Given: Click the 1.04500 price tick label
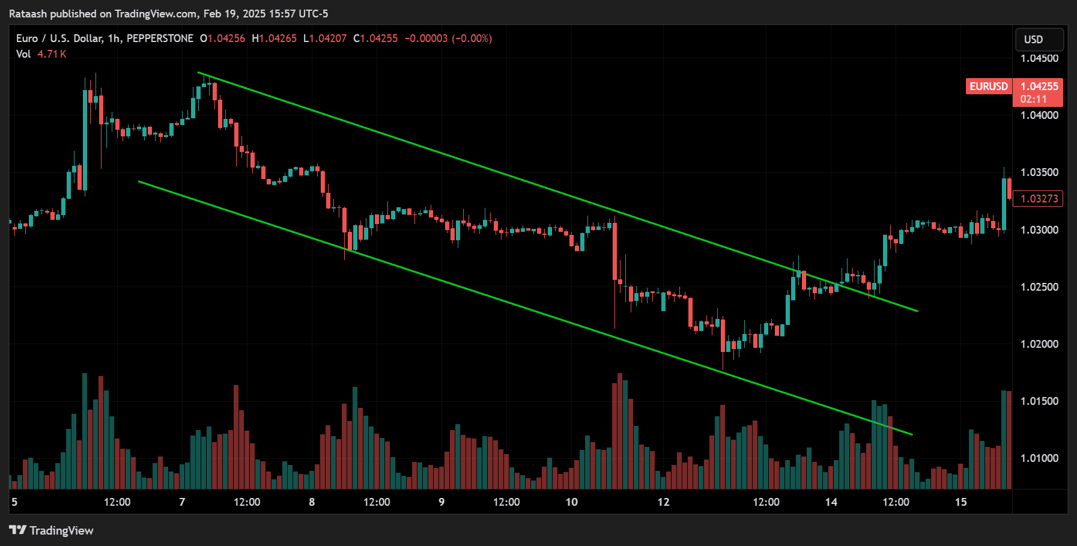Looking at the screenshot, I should [1039, 58].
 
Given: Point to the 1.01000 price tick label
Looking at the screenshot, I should [1039, 458].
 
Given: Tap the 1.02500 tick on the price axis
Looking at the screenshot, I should [1039, 287].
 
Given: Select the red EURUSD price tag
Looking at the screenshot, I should [988, 86].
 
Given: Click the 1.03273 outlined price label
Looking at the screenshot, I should [1039, 199].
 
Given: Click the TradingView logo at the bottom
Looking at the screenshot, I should [52, 530].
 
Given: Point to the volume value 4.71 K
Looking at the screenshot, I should [52, 54].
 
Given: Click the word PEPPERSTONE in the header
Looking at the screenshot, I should [160, 38].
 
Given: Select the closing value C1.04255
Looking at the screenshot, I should [375, 38].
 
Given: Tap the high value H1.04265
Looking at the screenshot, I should [275, 38].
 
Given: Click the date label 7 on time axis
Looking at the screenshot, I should [182, 502].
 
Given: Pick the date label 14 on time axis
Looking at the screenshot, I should [831, 502].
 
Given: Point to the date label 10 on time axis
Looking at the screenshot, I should [571, 502].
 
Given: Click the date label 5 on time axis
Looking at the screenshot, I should [14, 502].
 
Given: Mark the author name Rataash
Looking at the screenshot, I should [28, 14].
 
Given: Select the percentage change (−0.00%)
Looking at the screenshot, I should [472, 38].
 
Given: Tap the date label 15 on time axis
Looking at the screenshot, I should [960, 502].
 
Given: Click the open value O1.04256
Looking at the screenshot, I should [223, 38].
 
